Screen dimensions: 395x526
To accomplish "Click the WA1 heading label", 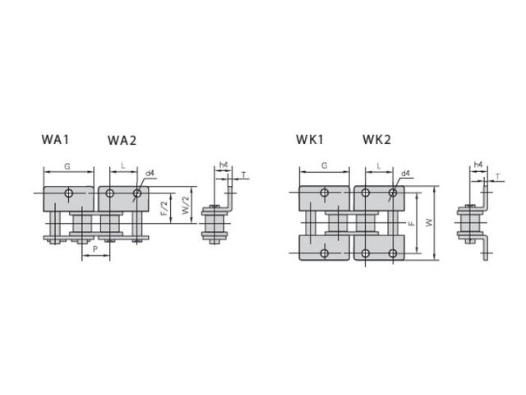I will click(55, 139).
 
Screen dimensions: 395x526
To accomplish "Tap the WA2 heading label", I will click(122, 140).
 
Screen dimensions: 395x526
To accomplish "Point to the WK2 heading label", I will click(376, 139).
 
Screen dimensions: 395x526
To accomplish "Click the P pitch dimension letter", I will click(96, 248).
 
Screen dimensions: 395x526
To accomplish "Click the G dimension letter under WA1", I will click(67, 166).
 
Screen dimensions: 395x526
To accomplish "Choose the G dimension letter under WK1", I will click(325, 165).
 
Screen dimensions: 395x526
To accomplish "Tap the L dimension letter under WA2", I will click(122, 166).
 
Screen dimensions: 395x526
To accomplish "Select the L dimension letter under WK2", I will click(379, 166).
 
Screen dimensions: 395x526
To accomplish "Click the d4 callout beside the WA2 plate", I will click(150, 174).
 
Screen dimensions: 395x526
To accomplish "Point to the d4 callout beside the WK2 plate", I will click(406, 174).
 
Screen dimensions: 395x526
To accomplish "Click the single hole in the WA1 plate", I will click(68, 194).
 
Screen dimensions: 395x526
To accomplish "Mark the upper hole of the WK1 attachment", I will click(325, 193).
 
